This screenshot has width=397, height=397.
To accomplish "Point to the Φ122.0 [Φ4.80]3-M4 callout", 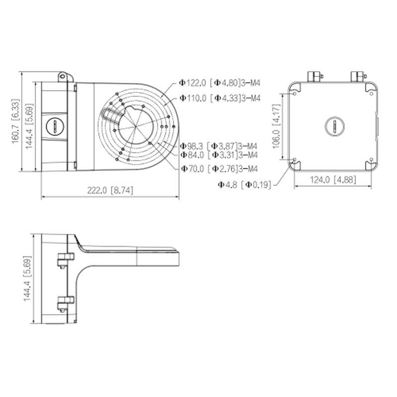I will click(220, 84).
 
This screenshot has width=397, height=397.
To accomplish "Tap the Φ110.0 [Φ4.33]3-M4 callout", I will click(220, 98).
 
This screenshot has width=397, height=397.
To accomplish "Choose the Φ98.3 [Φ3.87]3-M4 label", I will click(219, 146).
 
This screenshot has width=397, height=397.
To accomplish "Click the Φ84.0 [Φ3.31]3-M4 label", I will click(219, 155).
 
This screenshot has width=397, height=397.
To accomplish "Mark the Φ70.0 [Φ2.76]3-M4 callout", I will click(219, 169).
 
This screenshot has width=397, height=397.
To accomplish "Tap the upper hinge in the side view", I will click(64, 260).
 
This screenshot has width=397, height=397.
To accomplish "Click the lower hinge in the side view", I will click(64, 302).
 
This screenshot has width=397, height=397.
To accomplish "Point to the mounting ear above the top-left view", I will click(63, 76).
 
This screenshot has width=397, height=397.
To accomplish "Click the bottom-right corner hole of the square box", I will click(369, 164).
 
